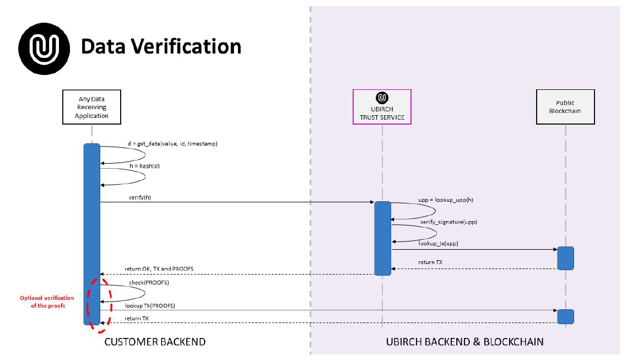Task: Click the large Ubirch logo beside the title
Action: coord(44,47)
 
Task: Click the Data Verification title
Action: coord(161,46)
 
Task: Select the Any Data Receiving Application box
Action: coord(91,108)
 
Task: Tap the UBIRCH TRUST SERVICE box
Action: coord(382,107)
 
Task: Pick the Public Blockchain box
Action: coord(565,107)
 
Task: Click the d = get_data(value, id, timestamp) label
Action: coord(172,143)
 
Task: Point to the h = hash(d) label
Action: coord(144,165)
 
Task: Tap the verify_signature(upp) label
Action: coord(448,222)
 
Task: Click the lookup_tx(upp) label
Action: coord(438,243)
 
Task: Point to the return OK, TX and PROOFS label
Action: coord(159,268)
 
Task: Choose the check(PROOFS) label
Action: coord(149,282)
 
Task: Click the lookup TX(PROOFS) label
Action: coord(153,305)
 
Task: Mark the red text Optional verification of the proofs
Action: coord(47,302)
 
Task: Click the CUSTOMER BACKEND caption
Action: coord(155,342)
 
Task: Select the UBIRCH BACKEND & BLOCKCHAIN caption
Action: coord(464,342)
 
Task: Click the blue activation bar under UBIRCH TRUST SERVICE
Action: coord(382,238)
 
